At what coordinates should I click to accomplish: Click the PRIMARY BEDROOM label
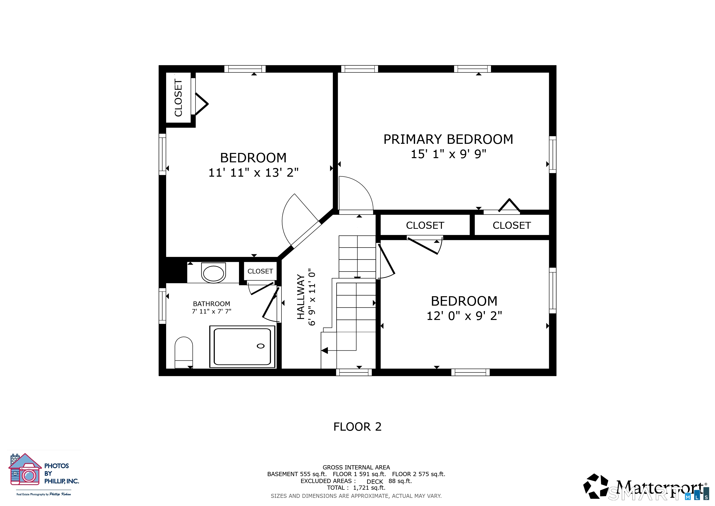click(x=448, y=139)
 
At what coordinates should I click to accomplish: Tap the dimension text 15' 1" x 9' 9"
click(x=448, y=154)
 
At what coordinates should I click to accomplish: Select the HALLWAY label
click(x=300, y=297)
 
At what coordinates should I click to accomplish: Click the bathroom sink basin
click(x=213, y=273)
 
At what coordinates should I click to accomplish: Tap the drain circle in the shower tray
click(x=261, y=346)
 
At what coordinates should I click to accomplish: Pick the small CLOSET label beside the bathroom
click(x=260, y=271)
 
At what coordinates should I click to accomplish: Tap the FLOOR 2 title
click(x=357, y=426)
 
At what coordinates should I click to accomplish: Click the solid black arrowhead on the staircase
click(x=324, y=351)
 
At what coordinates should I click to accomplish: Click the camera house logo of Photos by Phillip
click(x=25, y=469)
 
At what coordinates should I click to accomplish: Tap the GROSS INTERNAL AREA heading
click(x=356, y=467)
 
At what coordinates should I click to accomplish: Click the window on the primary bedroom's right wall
click(x=553, y=154)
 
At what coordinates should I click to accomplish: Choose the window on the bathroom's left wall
click(x=162, y=306)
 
